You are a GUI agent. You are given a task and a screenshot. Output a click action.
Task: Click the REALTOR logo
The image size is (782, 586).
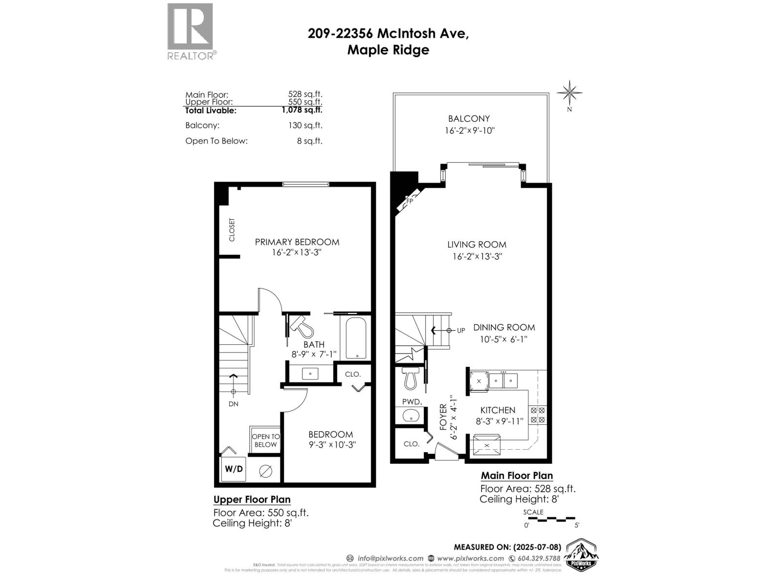(x=191, y=31)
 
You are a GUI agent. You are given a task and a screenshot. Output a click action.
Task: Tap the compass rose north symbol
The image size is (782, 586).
(x=569, y=93)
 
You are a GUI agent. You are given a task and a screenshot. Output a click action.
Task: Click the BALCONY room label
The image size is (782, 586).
(x=469, y=119)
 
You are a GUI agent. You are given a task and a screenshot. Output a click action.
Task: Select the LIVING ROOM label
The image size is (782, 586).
(x=477, y=245)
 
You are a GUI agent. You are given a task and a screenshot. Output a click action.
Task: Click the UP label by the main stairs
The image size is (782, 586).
(x=461, y=331)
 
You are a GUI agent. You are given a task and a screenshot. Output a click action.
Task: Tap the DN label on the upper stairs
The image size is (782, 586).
(x=233, y=404)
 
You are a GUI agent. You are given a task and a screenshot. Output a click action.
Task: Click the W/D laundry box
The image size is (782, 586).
(x=234, y=469)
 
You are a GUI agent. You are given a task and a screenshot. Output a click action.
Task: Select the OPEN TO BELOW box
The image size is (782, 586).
(x=265, y=440)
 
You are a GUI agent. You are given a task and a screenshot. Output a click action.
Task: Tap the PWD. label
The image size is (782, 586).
(x=412, y=401)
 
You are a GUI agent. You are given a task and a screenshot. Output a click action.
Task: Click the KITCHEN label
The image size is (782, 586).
(x=498, y=410)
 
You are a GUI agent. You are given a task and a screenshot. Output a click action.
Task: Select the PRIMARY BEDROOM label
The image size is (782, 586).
(x=297, y=242)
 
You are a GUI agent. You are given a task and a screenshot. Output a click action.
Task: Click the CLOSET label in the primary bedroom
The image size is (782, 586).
(x=232, y=230)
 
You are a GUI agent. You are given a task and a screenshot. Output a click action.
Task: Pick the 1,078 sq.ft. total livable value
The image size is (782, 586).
(x=302, y=110)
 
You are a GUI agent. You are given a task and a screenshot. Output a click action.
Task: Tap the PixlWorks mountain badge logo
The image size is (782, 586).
(x=582, y=556)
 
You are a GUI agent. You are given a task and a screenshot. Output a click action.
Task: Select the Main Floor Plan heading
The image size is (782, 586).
(x=517, y=476)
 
